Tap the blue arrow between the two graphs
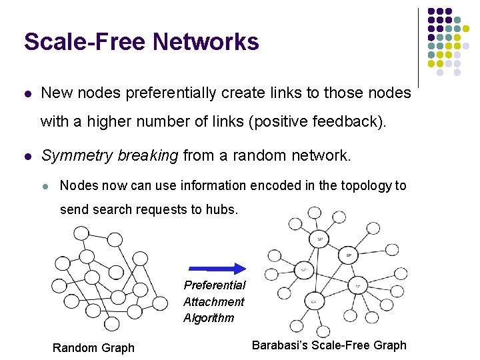pos(217,269)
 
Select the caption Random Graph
pos(93,347)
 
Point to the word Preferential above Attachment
pos(214,285)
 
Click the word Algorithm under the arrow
pos(209,318)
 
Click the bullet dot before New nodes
pos(28,94)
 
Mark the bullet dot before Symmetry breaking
pos(28,157)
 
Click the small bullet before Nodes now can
pos(46,186)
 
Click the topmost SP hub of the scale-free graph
pos(320,239)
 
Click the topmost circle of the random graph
pos(81,233)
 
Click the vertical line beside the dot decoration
pos(418,47)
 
